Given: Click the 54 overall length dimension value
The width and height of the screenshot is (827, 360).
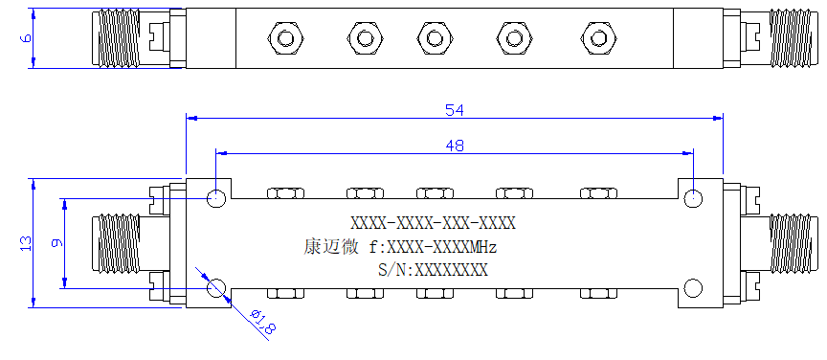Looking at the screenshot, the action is point(455,110).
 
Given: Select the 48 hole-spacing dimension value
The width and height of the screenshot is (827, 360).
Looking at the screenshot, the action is point(455,146).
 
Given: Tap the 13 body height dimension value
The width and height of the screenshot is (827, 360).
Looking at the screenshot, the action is point(26,243).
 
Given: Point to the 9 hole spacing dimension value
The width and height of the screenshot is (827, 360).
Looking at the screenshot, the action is point(57,243).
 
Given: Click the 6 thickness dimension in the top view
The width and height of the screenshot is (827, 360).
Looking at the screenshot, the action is point(26,38).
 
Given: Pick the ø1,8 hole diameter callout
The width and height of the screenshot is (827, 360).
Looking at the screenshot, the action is point(262,322).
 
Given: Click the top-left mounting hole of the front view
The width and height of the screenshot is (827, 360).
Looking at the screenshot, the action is point(216,199).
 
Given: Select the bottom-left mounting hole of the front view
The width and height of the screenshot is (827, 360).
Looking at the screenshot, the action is point(216,288).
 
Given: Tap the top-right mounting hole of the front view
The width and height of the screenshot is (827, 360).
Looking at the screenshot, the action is point(693,199).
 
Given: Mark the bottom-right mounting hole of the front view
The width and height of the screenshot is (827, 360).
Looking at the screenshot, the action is point(693,288).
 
